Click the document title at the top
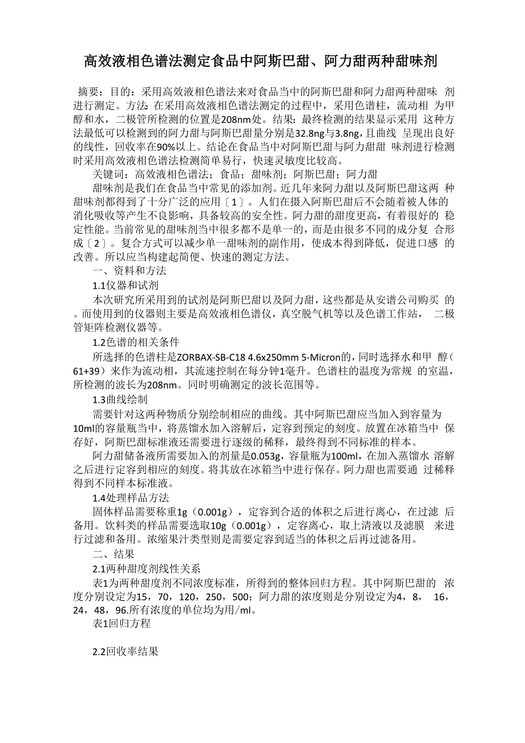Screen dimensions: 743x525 point(261,60)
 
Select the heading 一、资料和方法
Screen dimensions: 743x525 point(130,270)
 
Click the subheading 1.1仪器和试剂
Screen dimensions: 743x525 point(125,285)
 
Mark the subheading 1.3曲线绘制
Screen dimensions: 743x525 point(120,399)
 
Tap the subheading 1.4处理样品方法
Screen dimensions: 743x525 point(131,498)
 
